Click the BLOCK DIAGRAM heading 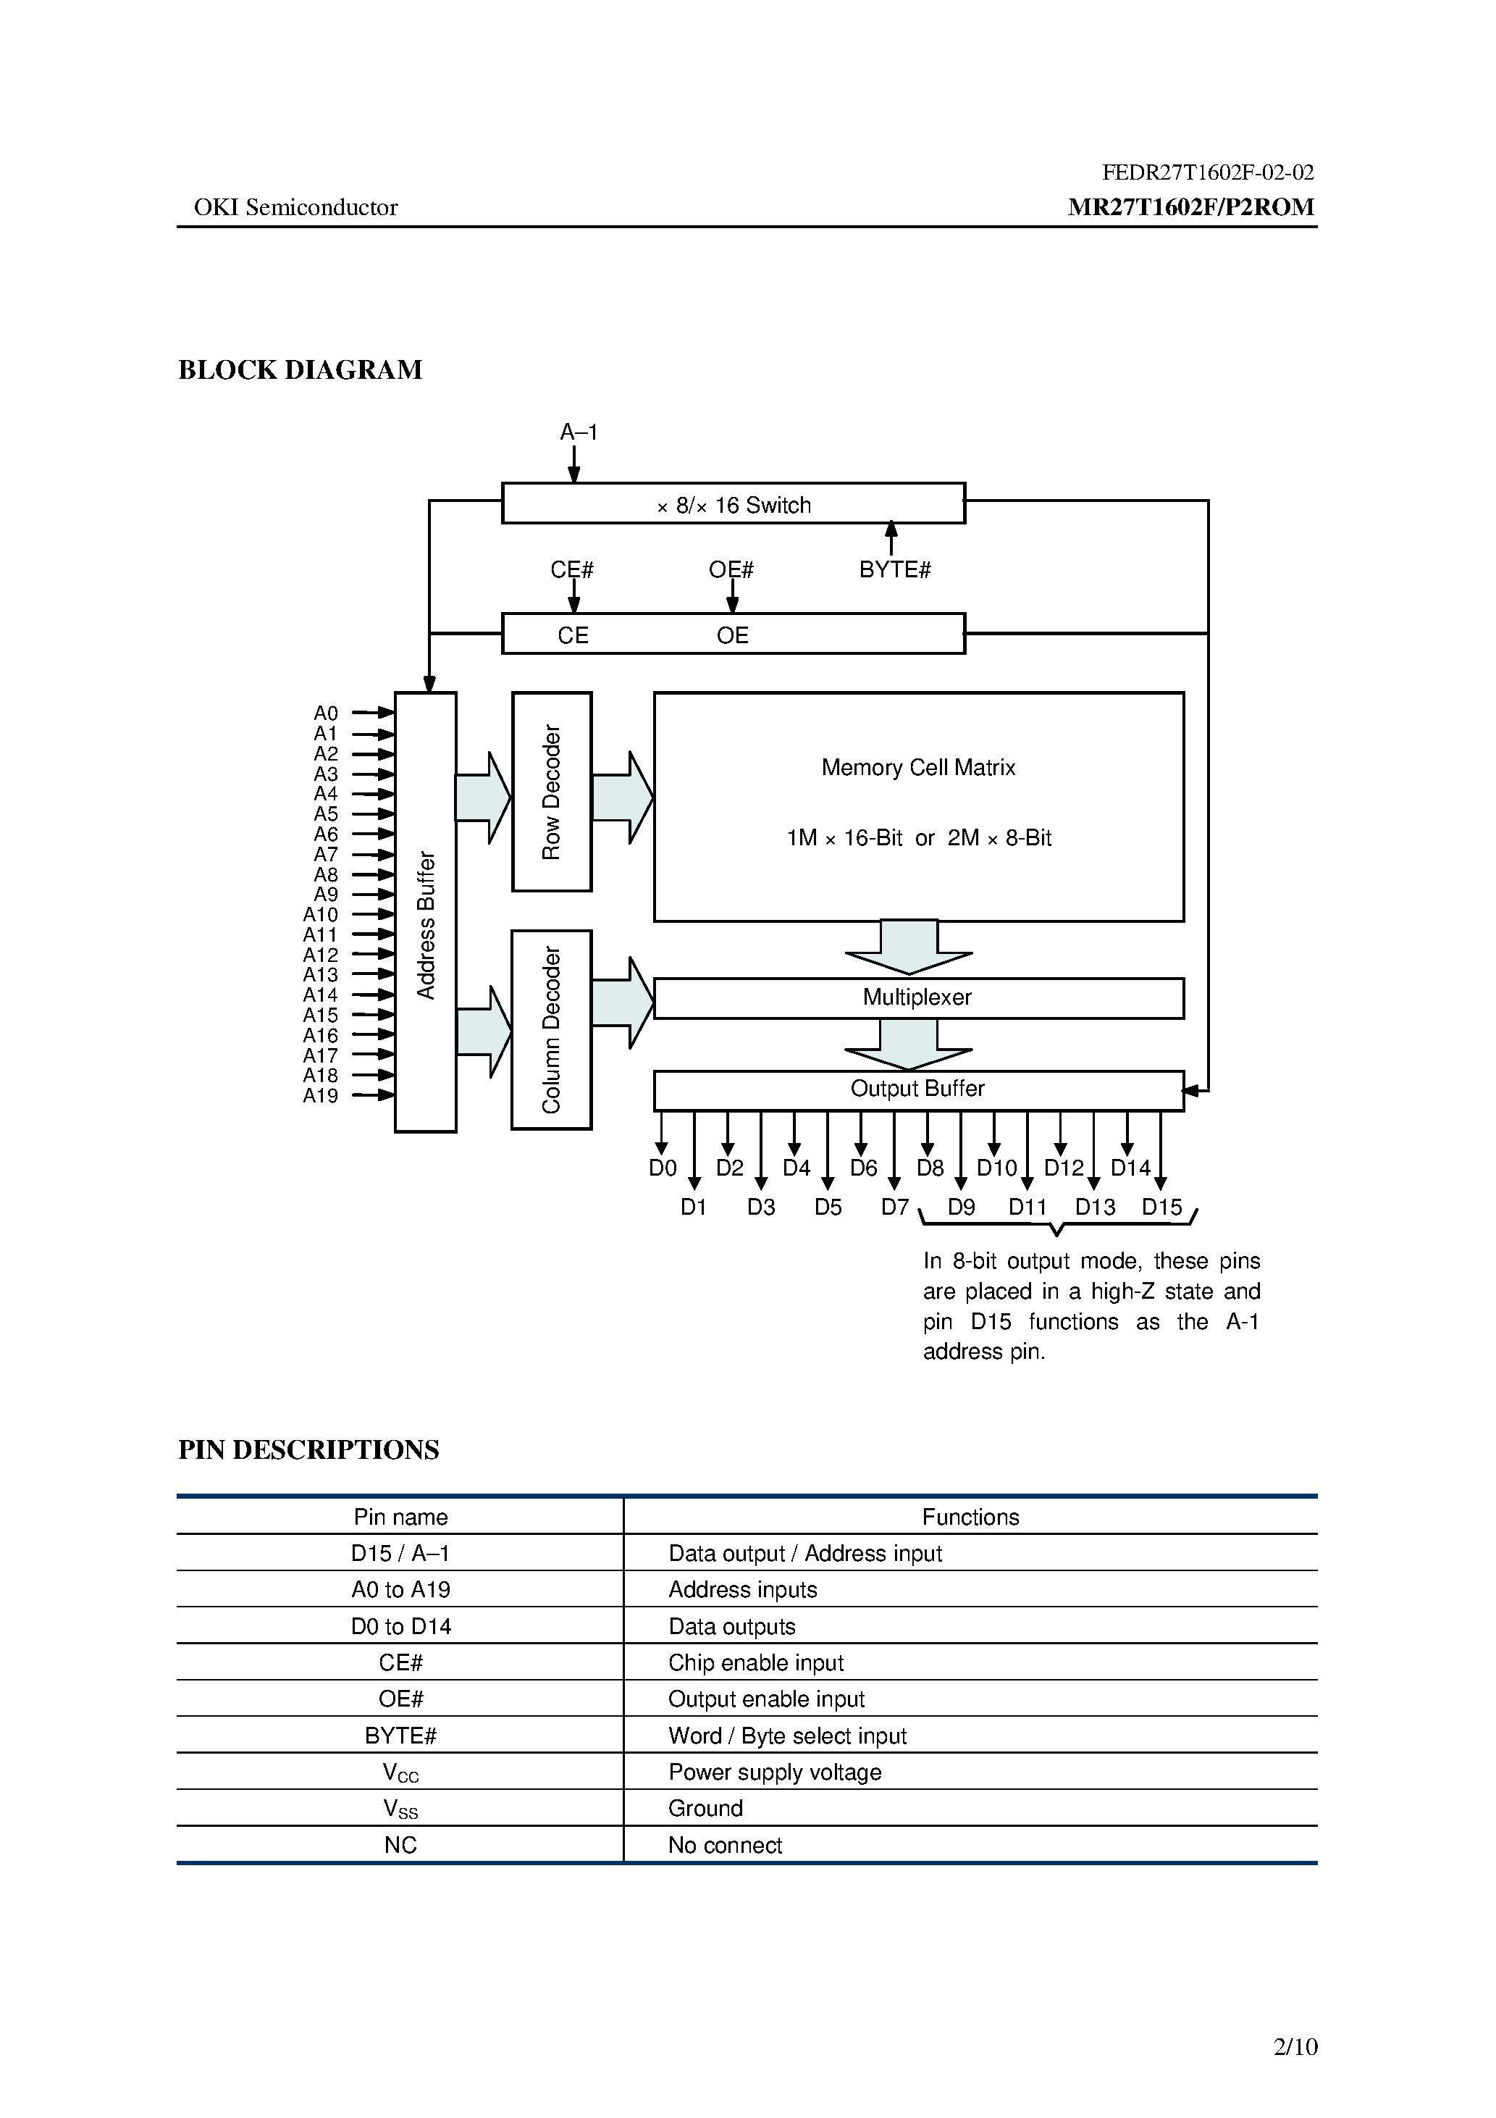(x=300, y=370)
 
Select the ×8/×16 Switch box (x=734, y=503)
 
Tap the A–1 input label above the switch (x=579, y=432)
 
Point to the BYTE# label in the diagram (x=895, y=570)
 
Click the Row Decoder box (x=552, y=792)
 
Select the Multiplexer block (x=917, y=998)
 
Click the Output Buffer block (x=917, y=1089)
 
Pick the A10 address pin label (x=321, y=914)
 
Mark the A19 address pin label (x=321, y=1096)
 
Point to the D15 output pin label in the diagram (x=1162, y=1207)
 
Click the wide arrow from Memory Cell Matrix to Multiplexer (x=909, y=948)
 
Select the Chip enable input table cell (x=756, y=1662)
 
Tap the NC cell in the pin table (x=400, y=1845)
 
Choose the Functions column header (x=970, y=1518)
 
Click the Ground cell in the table (x=705, y=1808)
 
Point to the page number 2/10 (x=1295, y=2047)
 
